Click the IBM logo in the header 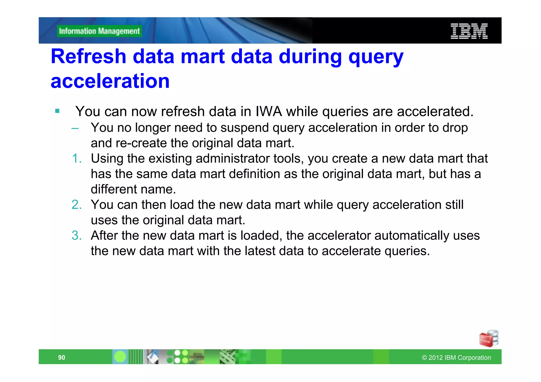pyautogui.click(x=469, y=31)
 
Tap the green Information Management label pyautogui.click(x=99, y=31)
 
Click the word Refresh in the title pyautogui.click(x=88, y=56)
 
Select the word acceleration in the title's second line pyautogui.click(x=110, y=81)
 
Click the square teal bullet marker pyautogui.click(x=57, y=111)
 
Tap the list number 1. pyautogui.click(x=77, y=159)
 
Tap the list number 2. pyautogui.click(x=77, y=205)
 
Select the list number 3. pyautogui.click(x=77, y=235)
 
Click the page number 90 pyautogui.click(x=62, y=357)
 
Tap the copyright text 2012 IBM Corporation pyautogui.click(x=456, y=358)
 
